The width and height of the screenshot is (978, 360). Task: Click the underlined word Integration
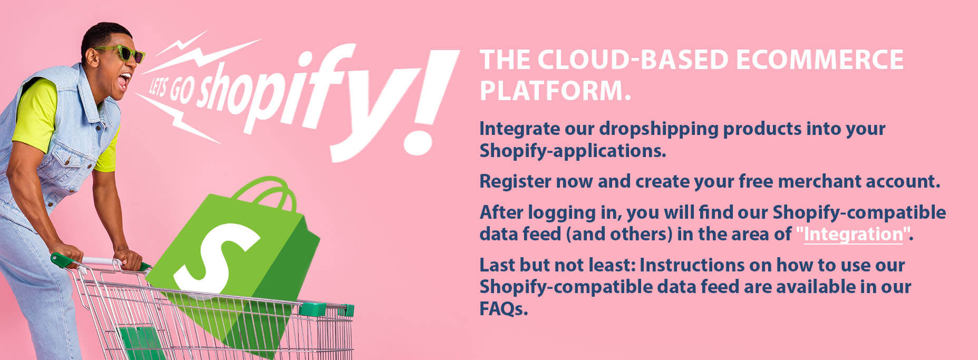tap(853, 234)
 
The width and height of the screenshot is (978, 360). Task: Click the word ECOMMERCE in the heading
tap(819, 60)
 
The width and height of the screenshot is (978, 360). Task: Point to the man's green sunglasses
tap(119, 53)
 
